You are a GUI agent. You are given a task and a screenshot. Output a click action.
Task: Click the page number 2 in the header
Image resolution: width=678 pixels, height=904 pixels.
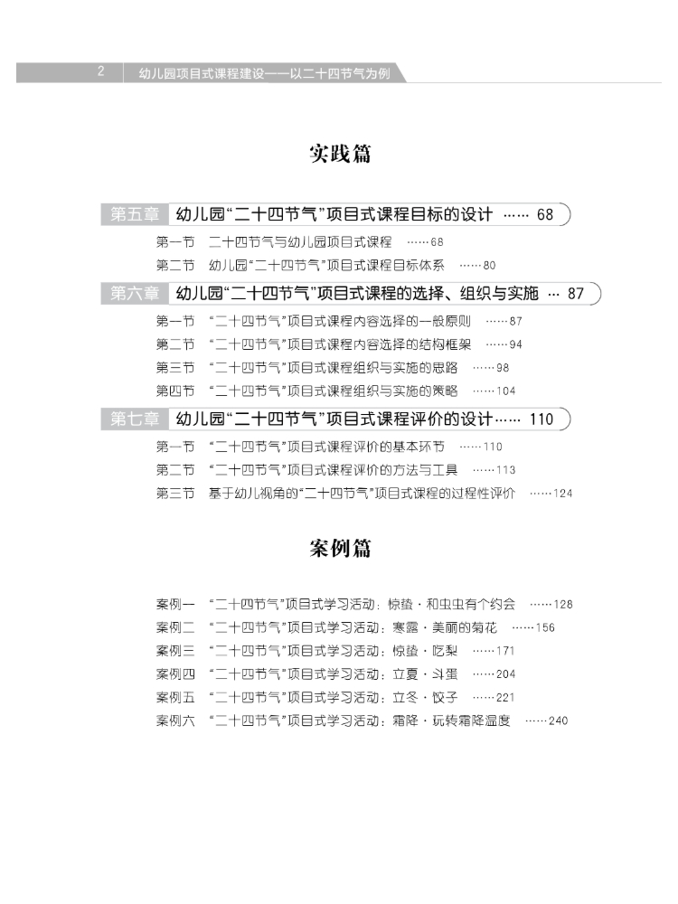coord(101,73)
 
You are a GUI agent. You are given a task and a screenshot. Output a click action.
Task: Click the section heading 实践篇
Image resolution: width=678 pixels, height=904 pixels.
coord(340,154)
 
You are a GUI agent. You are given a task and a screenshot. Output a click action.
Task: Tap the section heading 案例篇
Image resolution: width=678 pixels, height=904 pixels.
coord(340,549)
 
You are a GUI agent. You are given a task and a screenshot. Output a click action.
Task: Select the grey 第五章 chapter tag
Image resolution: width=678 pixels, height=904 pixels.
coord(135,214)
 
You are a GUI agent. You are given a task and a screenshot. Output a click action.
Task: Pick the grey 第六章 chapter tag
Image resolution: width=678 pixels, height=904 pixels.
coord(135,293)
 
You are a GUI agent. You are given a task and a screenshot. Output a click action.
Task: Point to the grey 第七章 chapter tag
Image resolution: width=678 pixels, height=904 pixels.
coord(135,419)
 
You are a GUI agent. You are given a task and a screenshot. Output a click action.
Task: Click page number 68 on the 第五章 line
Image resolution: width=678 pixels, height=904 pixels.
coord(544,215)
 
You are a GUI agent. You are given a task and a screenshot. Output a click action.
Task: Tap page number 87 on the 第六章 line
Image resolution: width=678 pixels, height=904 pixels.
coord(576,294)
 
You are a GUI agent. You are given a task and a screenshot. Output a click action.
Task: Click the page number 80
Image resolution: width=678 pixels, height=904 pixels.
coord(490,266)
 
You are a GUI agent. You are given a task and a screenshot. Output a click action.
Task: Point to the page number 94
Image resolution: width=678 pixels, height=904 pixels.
coord(515,344)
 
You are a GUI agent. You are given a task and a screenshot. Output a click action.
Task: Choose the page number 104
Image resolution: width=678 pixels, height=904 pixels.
coord(506,391)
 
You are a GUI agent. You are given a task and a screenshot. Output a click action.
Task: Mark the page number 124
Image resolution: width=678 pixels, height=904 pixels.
coord(562,494)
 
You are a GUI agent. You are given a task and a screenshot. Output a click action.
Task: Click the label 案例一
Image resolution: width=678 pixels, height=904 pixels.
coord(175,604)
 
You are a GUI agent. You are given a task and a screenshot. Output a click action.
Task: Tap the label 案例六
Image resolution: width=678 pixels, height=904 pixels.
coord(175,720)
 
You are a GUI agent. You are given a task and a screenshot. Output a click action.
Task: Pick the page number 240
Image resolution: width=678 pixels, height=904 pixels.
coord(558,721)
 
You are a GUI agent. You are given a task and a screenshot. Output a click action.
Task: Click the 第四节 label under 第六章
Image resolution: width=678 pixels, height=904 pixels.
coord(175,391)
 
